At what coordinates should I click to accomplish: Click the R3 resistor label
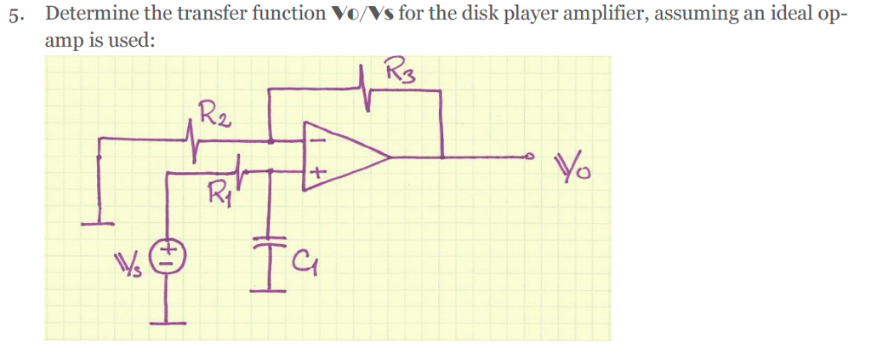coord(399,68)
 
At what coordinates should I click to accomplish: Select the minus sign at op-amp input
coord(316,140)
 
